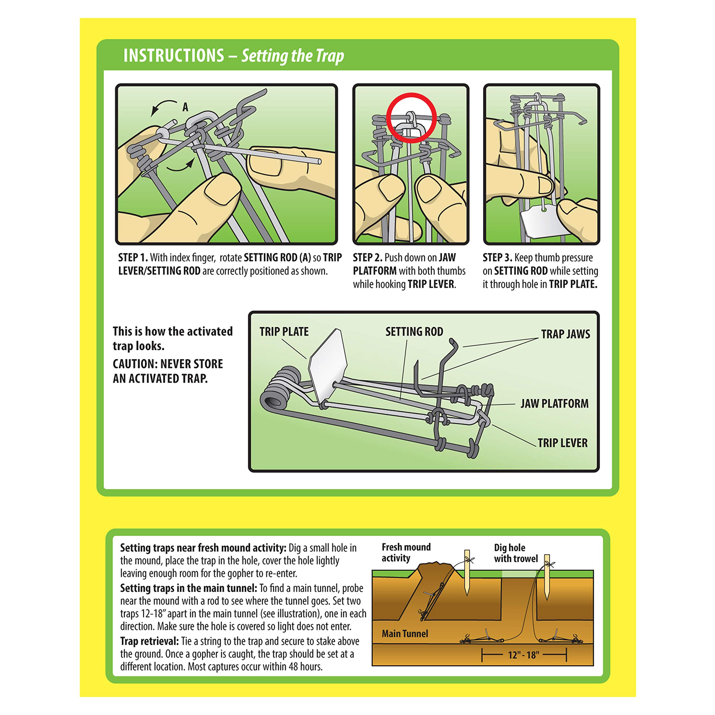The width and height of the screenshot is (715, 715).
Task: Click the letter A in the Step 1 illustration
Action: pyautogui.click(x=185, y=107)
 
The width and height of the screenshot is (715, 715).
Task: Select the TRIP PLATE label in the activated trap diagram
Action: pyautogui.click(x=284, y=332)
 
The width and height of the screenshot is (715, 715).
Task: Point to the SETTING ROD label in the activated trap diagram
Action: pyautogui.click(x=414, y=332)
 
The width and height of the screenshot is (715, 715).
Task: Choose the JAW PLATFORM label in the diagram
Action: pyautogui.click(x=554, y=403)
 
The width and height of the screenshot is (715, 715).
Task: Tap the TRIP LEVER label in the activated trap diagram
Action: pyautogui.click(x=562, y=443)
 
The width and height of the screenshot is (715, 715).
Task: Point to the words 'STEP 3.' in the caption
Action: pyautogui.click(x=497, y=258)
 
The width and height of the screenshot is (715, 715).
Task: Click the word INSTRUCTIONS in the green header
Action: pyautogui.click(x=173, y=56)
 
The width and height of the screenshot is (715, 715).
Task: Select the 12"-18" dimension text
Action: pyautogui.click(x=523, y=655)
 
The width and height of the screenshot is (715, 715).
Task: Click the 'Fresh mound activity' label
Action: pyautogui.click(x=406, y=552)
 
